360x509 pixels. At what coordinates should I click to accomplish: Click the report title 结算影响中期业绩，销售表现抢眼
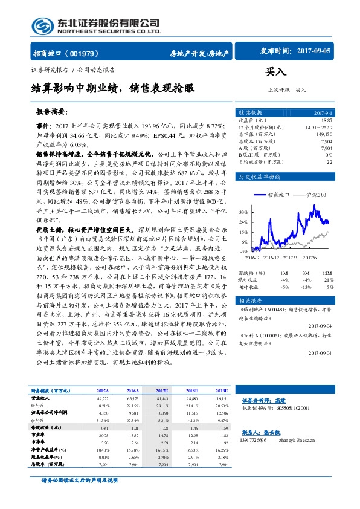point(113,88)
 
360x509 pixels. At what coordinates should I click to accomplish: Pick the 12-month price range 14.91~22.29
point(318,128)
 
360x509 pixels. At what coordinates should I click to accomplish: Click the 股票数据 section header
point(250,112)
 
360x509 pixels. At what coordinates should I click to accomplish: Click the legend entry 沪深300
point(312,195)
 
